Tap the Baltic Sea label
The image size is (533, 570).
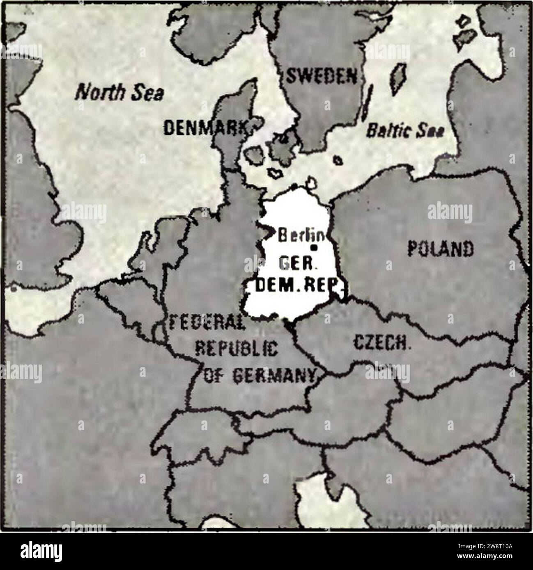pos(405,130)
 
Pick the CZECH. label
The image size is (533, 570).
pos(382,342)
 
